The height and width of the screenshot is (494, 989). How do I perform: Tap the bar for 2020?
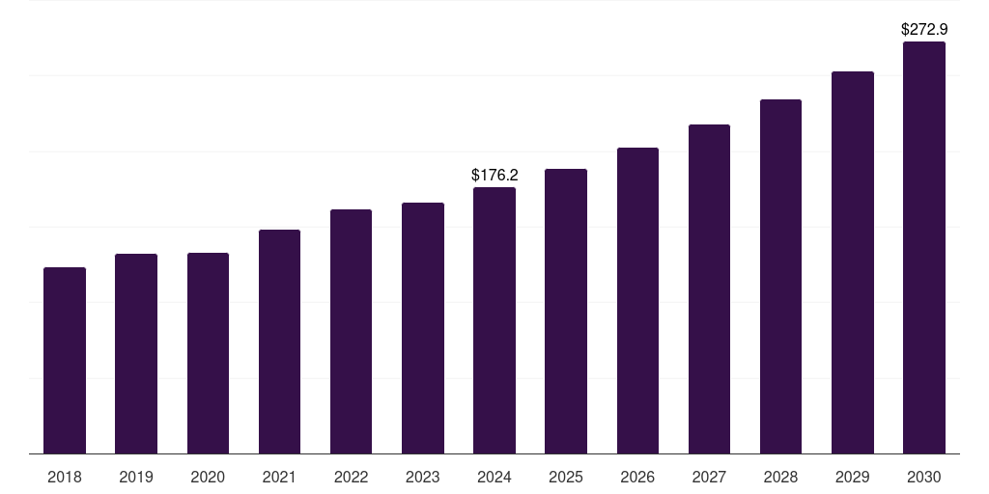(208, 353)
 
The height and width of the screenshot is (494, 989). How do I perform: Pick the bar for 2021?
(279, 342)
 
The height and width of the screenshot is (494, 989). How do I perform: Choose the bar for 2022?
(351, 331)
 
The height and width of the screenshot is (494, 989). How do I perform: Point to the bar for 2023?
(423, 328)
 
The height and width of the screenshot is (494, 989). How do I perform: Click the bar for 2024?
(494, 320)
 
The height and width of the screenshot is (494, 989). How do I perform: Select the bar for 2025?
(566, 311)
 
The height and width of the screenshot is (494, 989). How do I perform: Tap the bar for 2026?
(637, 300)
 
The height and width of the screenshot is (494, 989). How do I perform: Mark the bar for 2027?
(709, 288)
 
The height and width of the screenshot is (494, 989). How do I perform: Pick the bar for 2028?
(780, 276)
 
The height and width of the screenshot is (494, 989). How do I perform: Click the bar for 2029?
(853, 262)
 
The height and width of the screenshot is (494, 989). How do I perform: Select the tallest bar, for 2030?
(924, 247)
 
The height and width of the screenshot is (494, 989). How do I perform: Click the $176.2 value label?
(494, 175)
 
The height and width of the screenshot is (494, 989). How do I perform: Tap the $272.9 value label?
(924, 30)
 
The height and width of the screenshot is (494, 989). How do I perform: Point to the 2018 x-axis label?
(65, 477)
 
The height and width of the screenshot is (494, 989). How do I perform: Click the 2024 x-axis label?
(494, 477)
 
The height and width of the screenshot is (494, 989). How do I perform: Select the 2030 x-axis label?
(924, 477)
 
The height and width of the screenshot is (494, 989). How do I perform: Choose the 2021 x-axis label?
(279, 477)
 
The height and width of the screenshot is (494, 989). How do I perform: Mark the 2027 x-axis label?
(709, 477)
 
